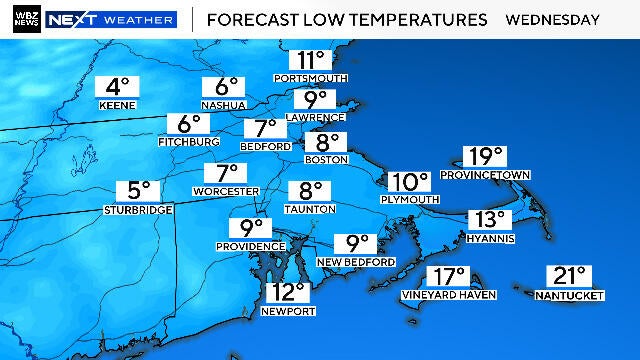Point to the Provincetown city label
click(x=489, y=174)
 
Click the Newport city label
click(x=287, y=311)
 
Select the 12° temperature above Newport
click(x=287, y=292)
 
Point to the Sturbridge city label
click(x=138, y=209)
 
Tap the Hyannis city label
click(x=490, y=237)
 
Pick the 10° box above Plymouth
click(x=409, y=181)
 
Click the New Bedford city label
click(x=356, y=261)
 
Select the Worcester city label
click(x=226, y=190)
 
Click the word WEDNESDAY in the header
click(x=553, y=19)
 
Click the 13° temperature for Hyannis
click(x=490, y=219)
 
